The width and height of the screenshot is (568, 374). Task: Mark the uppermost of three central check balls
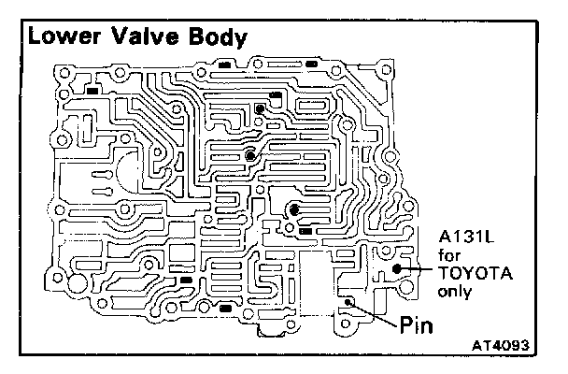[x=259, y=109]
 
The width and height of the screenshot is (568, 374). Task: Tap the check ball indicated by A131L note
[x=398, y=268]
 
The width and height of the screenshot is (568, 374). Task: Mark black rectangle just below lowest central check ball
[x=305, y=230]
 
